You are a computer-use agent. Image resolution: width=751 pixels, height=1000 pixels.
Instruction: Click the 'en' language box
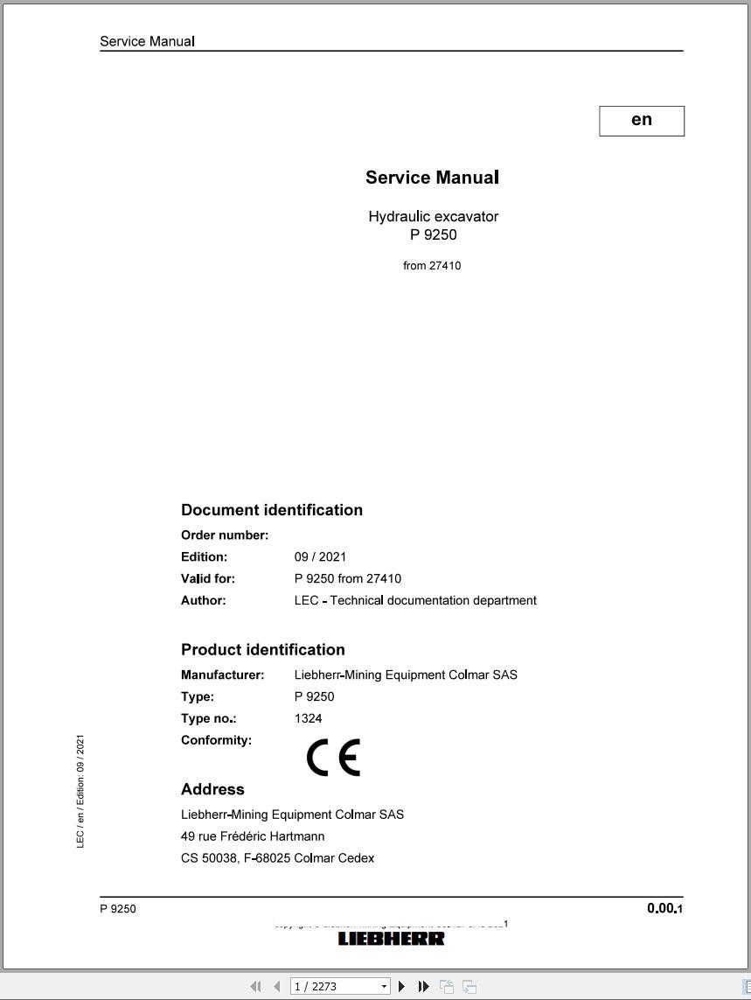point(642,121)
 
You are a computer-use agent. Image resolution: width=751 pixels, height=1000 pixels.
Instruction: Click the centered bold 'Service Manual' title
point(432,178)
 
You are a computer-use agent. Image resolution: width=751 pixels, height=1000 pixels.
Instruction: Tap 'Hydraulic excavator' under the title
point(433,216)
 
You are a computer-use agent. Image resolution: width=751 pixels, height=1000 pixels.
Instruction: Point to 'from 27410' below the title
point(432,265)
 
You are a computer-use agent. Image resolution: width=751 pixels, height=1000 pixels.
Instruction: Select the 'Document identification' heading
point(271,510)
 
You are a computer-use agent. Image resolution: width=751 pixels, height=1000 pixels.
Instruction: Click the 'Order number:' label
point(225,535)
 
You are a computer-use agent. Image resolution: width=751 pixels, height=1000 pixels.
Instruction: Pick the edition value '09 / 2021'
point(320,556)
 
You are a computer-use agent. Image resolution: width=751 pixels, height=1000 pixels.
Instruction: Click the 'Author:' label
point(203,600)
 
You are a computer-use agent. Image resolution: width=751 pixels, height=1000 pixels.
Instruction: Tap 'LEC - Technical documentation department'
point(415,600)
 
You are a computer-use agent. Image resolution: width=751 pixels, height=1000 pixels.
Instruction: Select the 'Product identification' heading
point(262,649)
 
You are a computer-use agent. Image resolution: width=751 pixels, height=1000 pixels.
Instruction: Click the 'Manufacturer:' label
point(222,675)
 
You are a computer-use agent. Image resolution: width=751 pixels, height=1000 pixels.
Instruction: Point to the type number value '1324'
point(308,718)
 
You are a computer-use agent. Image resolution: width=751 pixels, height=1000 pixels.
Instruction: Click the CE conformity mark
point(333,758)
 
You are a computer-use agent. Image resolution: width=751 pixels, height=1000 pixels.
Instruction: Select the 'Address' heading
point(212,789)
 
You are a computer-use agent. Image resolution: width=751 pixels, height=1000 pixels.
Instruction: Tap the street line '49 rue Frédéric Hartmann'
point(253,836)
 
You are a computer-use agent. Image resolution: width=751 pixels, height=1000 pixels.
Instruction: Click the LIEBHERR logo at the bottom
point(391,939)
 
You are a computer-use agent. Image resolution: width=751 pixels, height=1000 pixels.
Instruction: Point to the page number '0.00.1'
point(664,908)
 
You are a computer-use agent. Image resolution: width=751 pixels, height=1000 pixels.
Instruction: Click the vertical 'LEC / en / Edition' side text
point(80,791)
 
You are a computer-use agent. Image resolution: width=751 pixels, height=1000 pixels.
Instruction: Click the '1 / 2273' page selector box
point(339,986)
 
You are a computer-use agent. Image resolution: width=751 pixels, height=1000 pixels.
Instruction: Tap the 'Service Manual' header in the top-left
point(147,41)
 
